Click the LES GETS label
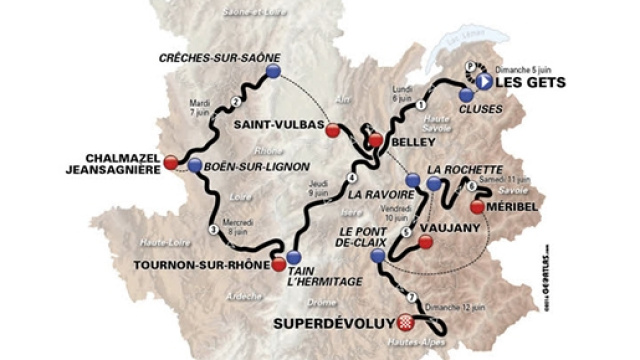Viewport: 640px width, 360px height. point(529,82)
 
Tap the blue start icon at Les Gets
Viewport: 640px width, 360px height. point(483,82)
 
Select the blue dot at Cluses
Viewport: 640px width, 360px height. point(466,93)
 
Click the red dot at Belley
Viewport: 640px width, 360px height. point(375,141)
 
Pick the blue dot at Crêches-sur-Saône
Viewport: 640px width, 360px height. point(273,70)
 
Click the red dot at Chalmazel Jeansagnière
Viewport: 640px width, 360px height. point(170,162)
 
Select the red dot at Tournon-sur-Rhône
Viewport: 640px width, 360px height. point(278,265)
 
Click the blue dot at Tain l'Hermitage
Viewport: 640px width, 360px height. point(294,257)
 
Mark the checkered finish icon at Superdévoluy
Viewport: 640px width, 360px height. point(403,322)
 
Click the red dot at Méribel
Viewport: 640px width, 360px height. point(478,207)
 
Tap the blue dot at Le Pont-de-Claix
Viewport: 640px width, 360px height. point(377,257)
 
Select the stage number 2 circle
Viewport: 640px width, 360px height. point(236,101)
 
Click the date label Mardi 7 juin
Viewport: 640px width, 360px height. point(201,107)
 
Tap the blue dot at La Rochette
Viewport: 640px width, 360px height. point(433,185)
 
